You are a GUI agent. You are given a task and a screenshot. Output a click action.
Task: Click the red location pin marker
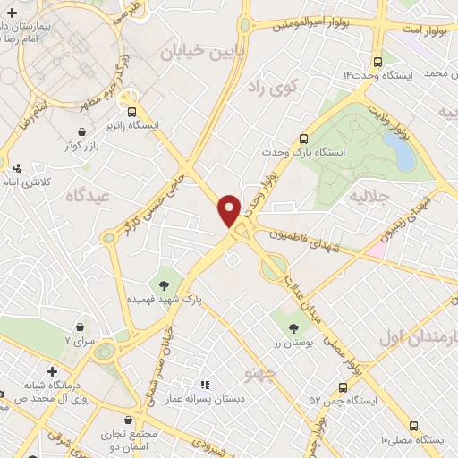tap(230, 209)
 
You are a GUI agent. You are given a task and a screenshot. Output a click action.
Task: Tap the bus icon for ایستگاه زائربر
tap(132, 112)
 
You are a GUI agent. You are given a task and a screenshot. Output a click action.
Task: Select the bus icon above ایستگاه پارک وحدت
tap(303, 139)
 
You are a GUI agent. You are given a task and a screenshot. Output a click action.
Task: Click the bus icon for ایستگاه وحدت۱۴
tap(377, 63)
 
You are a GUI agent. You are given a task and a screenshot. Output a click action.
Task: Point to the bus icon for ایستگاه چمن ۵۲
tap(343, 387)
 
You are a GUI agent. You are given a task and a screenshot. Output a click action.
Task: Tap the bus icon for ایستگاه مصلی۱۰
tap(413, 427)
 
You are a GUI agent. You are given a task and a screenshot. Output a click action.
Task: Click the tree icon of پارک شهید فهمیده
tap(165, 285)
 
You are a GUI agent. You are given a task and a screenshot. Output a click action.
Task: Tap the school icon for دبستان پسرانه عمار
tap(203, 386)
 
